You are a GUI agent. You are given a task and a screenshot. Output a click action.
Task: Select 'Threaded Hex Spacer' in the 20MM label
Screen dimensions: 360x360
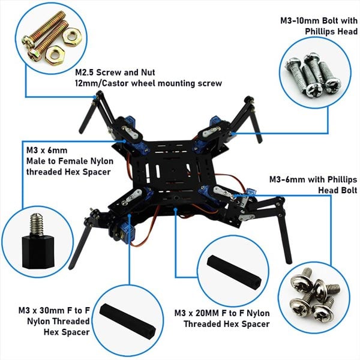point(221,324)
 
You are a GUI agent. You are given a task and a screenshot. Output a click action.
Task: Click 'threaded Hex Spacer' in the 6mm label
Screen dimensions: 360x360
point(68,172)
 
